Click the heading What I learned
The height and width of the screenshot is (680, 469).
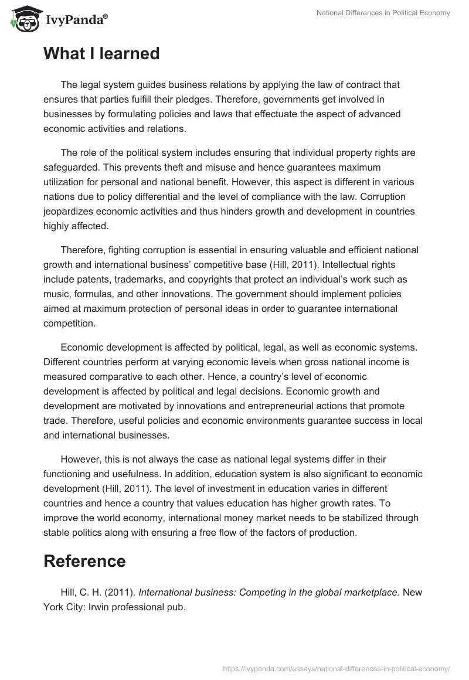[x=101, y=54]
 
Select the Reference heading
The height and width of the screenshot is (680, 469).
[x=84, y=561]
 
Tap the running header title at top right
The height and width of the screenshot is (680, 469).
[x=382, y=13]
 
